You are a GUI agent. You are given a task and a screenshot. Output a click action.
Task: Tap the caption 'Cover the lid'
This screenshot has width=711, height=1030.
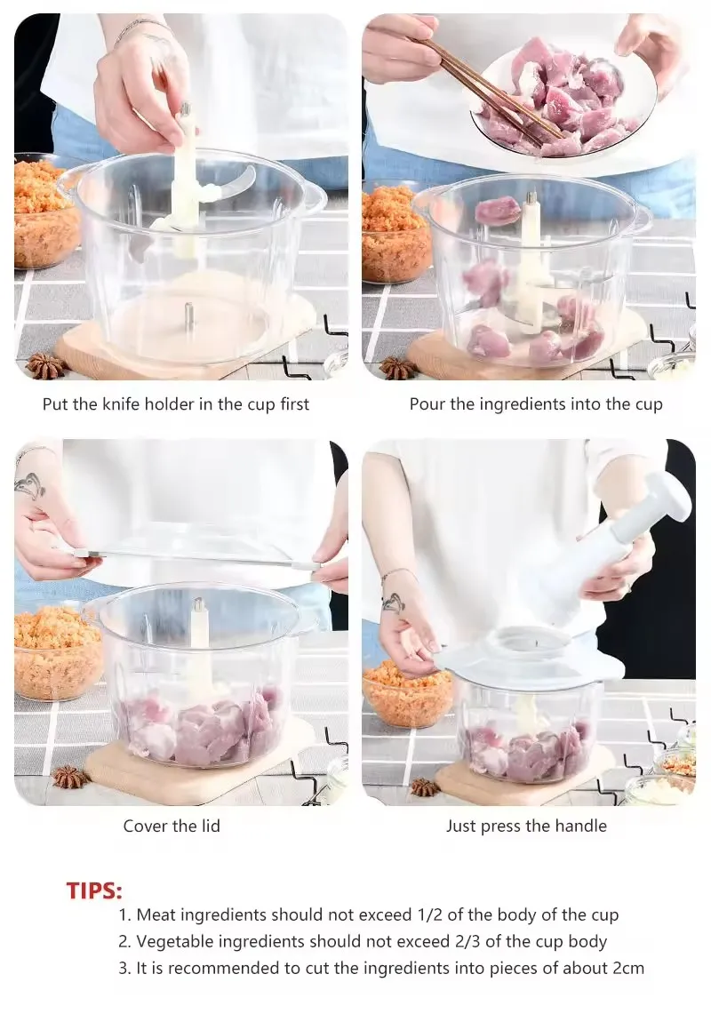pyautogui.click(x=172, y=826)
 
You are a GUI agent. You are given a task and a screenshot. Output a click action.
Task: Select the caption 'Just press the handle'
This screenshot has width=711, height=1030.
pyautogui.click(x=526, y=826)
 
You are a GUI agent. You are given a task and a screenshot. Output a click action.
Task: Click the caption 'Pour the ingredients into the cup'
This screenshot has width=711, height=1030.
pyautogui.click(x=536, y=404)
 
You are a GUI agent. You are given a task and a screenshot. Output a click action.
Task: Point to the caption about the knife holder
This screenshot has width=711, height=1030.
pyautogui.click(x=176, y=404)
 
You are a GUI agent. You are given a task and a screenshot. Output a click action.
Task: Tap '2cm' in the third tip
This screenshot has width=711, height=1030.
pyautogui.click(x=627, y=969)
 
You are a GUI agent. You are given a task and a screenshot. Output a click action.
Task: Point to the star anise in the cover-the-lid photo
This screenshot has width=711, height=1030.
pyautogui.click(x=71, y=777)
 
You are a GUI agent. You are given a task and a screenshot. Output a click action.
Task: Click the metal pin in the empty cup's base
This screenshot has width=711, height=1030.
pyautogui.click(x=189, y=314)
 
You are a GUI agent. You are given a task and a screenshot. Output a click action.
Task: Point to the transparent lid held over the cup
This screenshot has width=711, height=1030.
pyautogui.click(x=196, y=555)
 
